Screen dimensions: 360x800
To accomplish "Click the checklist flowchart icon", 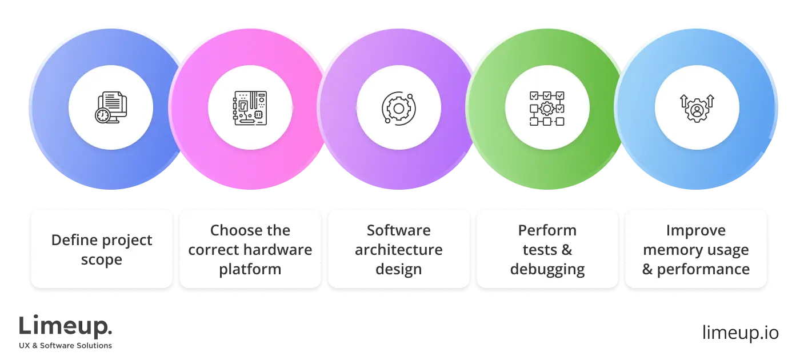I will point(547,107).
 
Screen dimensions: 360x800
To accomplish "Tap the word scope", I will point(102,260).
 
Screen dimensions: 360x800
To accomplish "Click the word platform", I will point(250,269).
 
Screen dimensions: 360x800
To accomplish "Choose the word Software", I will point(398,230).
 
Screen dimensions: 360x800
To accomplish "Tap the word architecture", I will point(398,250).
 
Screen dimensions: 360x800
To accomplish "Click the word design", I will point(398,269).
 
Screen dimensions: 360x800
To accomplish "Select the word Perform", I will point(547,230).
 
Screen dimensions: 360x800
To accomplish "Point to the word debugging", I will point(547,269).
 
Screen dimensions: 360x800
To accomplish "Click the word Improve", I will point(695,230).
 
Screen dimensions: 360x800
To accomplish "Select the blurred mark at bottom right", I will point(739,334).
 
